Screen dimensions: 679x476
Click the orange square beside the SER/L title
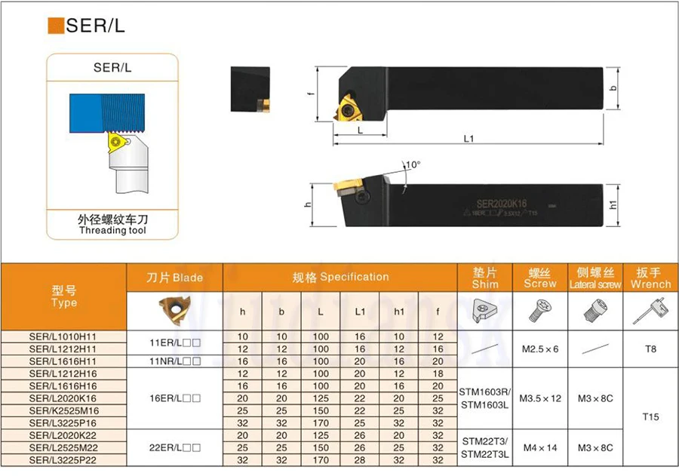pyautogui.click(x=56, y=26)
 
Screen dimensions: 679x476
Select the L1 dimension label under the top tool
pyautogui.click(x=468, y=139)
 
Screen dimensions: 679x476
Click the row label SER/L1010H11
pyautogui.click(x=63, y=336)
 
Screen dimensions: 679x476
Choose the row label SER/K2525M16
pyautogui.click(x=63, y=410)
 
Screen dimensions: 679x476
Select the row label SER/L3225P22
pyautogui.click(x=63, y=459)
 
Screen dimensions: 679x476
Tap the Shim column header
pyautogui.click(x=485, y=278)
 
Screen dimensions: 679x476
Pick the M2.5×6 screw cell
pyautogui.click(x=540, y=349)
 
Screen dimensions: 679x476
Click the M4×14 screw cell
pyautogui.click(x=540, y=447)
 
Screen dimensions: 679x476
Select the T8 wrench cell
pyautogui.click(x=650, y=349)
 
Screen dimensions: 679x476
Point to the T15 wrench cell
pyautogui.click(x=650, y=416)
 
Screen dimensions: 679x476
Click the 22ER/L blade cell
pyautogui.click(x=174, y=447)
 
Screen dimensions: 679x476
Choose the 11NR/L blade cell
pyautogui.click(x=174, y=361)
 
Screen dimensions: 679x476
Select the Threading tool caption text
pyautogui.click(x=112, y=230)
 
